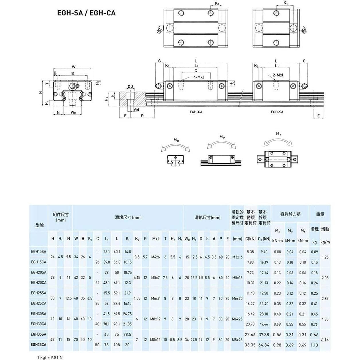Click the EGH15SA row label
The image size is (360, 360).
[38, 252]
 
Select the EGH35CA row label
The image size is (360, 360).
[38, 345]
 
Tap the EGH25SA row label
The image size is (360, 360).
[38, 293]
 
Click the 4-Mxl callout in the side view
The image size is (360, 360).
[198, 77]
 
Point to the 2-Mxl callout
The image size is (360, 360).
[278, 75]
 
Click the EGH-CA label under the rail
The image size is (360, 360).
[196, 112]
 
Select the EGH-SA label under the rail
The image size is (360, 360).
[277, 112]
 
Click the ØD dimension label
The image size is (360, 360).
[130, 87]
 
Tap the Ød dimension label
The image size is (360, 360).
[137, 110]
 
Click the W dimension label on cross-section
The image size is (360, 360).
[74, 67]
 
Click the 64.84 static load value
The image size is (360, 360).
[264, 345]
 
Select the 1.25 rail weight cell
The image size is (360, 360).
[325, 257]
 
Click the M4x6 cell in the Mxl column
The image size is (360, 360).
[156, 257]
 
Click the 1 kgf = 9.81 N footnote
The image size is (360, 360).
[50, 357]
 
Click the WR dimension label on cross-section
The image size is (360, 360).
[73, 113]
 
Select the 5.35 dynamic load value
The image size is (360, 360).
[250, 252]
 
